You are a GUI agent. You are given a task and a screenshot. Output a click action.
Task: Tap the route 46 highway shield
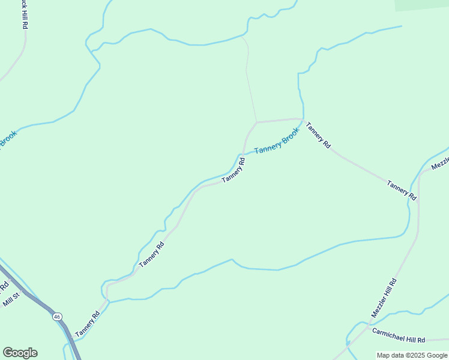point(56,316)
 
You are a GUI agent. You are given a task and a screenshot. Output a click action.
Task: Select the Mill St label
point(11,298)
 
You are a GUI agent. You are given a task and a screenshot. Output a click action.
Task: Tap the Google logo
point(20,353)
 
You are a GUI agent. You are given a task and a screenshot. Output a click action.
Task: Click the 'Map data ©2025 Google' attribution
point(412,355)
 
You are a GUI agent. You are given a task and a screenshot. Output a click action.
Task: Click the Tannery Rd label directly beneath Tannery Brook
point(234,170)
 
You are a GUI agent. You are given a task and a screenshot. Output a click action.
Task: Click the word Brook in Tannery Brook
point(289,136)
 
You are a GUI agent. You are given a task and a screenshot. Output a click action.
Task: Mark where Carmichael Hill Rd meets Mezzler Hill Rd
point(359,332)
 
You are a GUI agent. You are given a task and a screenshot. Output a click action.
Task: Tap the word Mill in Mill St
point(8,301)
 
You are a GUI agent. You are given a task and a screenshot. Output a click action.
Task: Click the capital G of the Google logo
point(7,353)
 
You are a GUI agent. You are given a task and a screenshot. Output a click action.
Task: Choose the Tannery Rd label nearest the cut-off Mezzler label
point(402,190)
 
